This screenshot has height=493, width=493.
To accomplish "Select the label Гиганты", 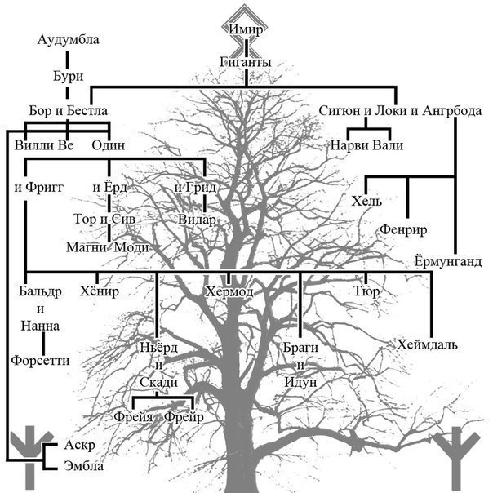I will tap(245, 60).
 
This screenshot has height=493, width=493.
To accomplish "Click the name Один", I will tap(108, 145).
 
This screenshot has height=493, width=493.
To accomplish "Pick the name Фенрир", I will tap(403, 230).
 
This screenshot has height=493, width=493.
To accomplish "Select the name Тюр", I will tap(366, 291).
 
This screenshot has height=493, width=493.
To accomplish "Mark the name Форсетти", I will tap(40, 359).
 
